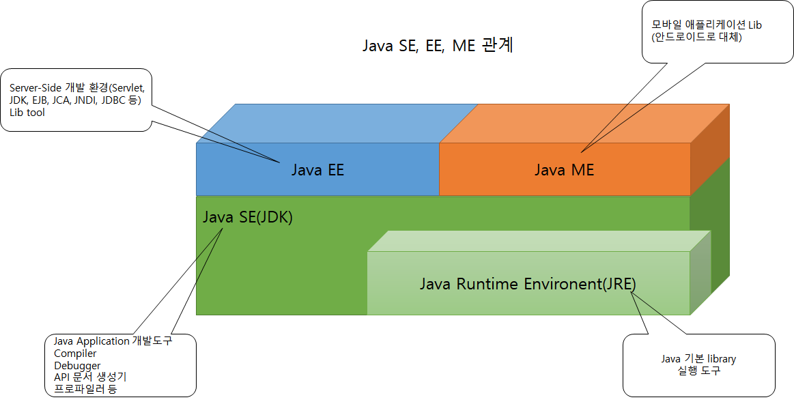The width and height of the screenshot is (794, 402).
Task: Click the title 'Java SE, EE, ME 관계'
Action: coord(438,46)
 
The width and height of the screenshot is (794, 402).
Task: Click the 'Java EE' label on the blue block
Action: coord(317,170)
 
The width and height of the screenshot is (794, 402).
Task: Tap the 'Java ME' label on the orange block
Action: coord(564,170)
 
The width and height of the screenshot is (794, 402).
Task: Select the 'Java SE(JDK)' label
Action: coord(248,218)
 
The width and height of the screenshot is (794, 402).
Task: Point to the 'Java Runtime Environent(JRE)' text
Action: coord(528,283)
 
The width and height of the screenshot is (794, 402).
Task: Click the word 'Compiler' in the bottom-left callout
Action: coord(75,354)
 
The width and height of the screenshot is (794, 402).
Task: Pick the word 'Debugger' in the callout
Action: coord(77,366)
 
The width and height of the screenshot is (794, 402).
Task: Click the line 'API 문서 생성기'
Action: coord(90,377)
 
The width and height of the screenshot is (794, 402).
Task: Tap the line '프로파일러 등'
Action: coord(85,389)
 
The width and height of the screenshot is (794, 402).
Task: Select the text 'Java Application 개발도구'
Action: coord(113,341)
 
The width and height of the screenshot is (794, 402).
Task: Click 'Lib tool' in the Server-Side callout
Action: coord(27,113)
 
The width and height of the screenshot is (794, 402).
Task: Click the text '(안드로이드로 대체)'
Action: coord(696,37)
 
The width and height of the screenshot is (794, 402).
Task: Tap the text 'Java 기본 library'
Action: coord(698,359)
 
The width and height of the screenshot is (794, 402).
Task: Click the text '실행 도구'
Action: coord(698,371)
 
